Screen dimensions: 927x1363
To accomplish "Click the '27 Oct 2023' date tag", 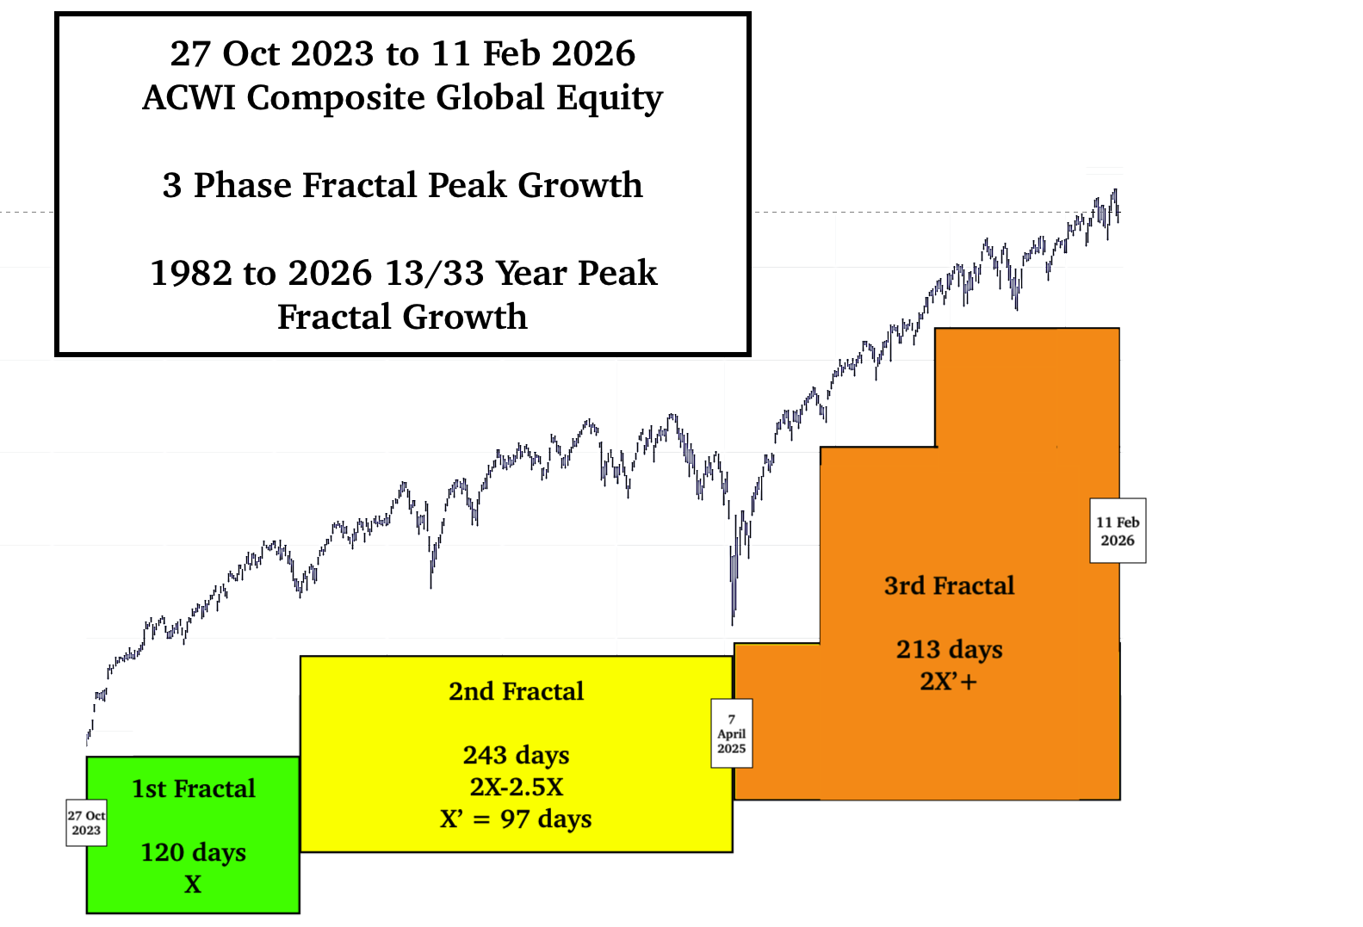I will click(86, 823).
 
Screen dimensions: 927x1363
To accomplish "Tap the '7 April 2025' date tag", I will click(731, 733).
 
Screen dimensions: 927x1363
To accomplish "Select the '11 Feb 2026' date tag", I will click(1118, 531).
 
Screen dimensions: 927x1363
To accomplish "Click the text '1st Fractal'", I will click(194, 788).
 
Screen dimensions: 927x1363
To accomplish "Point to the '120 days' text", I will click(194, 852).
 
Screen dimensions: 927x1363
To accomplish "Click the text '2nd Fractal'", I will click(516, 691).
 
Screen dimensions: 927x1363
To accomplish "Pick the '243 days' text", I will click(516, 755).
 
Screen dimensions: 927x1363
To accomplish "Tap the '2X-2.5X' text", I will click(516, 787).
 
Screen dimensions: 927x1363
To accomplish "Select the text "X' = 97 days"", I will click(516, 819).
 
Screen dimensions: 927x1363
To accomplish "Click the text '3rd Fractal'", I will click(949, 585).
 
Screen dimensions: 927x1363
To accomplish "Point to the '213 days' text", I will click(949, 649).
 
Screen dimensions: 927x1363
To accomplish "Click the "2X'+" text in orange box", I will click(949, 682).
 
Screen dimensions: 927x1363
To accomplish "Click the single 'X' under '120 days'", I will click(193, 884).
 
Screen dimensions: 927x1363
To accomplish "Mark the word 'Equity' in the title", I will click(610, 97).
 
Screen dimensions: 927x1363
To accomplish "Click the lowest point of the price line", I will click(733, 623).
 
